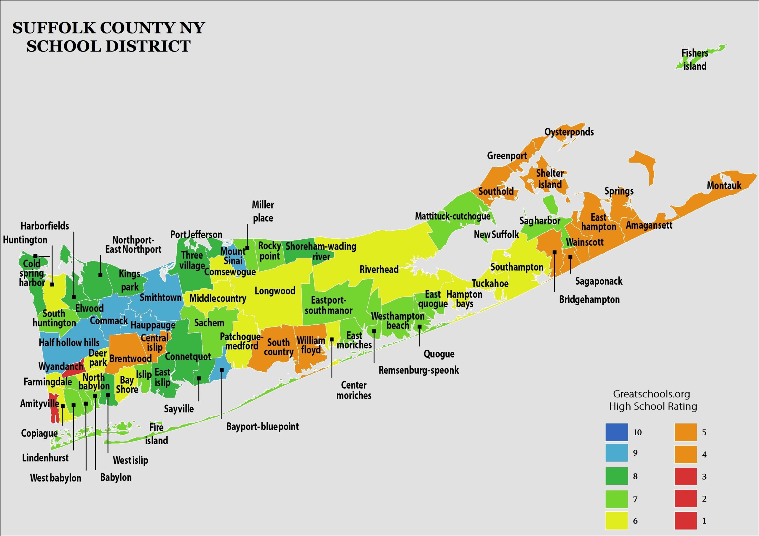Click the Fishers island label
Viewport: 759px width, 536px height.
695,60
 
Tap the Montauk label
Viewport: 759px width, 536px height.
724,186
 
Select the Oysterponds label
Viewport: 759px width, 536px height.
569,132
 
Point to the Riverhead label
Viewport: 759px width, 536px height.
379,269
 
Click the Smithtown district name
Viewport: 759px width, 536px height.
160,298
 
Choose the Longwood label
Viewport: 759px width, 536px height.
275,291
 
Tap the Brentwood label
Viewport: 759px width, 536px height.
130,358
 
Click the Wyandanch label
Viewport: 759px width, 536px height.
61,366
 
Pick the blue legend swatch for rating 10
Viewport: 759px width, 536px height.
616,432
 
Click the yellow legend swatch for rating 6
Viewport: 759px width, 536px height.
616,521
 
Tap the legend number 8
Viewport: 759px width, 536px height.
635,476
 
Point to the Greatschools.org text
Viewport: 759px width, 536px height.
651,394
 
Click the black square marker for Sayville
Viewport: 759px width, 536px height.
199,378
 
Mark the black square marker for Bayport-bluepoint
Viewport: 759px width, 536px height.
222,370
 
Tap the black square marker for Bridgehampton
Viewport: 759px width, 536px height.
554,252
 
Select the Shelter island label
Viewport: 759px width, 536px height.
550,179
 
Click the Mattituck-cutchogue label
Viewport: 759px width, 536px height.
452,216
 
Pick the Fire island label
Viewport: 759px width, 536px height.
156,434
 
